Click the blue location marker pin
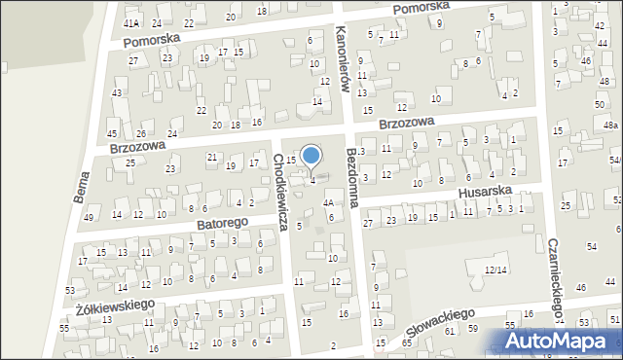(311, 156)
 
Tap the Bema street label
(82, 184)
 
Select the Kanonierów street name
(342, 56)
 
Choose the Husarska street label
(484, 192)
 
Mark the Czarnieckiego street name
(556, 278)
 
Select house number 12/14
(496, 269)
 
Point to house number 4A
(329, 203)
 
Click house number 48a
(610, 126)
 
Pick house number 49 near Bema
(89, 217)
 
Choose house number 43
(117, 92)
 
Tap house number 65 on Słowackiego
(406, 343)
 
